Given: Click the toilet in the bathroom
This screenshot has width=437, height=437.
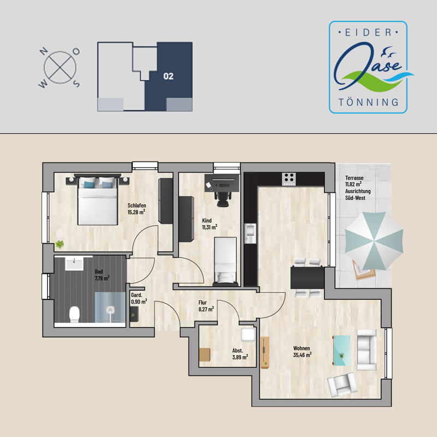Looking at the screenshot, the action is click(x=74, y=315).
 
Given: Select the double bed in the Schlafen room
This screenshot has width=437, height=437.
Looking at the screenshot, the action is click(x=97, y=200).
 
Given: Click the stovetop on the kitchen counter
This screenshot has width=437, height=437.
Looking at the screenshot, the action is click(x=289, y=179).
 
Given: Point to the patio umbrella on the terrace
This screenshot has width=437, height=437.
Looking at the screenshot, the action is click(x=374, y=241).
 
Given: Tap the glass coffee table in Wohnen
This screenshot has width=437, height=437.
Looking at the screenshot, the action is click(x=342, y=350).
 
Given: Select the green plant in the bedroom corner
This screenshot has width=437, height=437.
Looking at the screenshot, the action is click(x=60, y=244).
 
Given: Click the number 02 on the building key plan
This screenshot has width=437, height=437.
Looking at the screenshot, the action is click(x=168, y=76).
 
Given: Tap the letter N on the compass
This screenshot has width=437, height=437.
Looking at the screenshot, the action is click(x=43, y=51).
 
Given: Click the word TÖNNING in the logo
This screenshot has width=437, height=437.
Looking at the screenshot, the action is click(x=368, y=102).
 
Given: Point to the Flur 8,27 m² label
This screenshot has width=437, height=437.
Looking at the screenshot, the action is click(x=206, y=306).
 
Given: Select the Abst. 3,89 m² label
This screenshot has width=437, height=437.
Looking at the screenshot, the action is click(x=240, y=354).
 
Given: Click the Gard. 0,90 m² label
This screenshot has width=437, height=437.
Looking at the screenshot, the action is click(x=139, y=298).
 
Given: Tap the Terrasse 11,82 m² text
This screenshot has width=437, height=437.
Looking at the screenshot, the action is click(x=354, y=181).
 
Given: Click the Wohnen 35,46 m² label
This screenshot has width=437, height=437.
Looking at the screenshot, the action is click(x=302, y=351).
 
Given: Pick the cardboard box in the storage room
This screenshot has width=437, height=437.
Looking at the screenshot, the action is click(x=205, y=355).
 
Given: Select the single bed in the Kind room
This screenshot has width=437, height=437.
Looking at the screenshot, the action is click(x=226, y=262).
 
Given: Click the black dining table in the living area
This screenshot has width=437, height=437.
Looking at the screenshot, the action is click(x=308, y=278).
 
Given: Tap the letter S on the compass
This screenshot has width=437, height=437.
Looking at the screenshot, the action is click(x=76, y=84).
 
